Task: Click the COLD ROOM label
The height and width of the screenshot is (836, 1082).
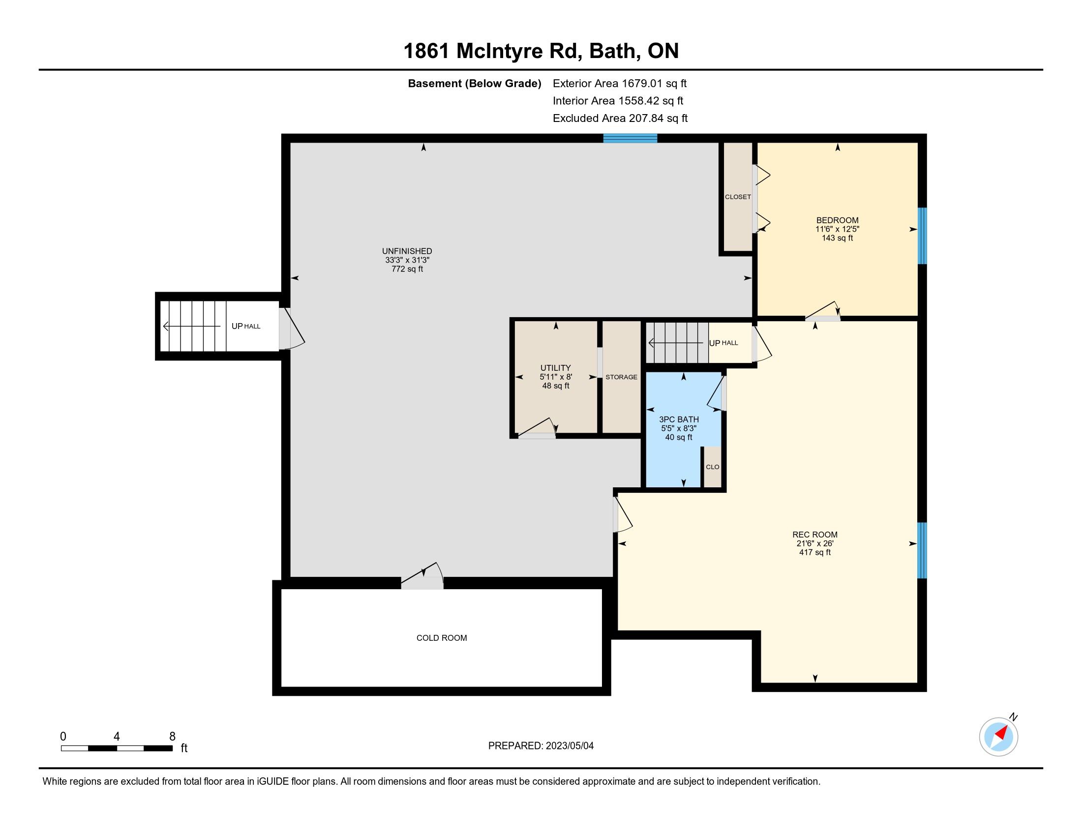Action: click(x=442, y=638)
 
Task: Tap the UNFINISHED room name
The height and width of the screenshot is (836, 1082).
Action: click(x=407, y=251)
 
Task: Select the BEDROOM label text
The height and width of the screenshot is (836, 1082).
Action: click(x=837, y=220)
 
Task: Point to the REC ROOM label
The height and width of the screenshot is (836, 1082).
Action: click(x=815, y=535)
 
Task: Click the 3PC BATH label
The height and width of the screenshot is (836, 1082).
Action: click(x=679, y=419)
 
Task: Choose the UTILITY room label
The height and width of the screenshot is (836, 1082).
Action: click(x=555, y=368)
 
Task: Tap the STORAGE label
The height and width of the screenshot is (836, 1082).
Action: click(x=621, y=377)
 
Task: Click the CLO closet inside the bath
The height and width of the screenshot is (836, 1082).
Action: click(x=713, y=467)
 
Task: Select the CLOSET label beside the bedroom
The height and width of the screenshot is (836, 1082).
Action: click(x=738, y=197)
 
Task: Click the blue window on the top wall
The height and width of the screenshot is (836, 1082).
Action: click(x=630, y=138)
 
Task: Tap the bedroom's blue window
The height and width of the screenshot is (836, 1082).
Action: click(x=922, y=236)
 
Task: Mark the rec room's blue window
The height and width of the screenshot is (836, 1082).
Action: click(x=922, y=550)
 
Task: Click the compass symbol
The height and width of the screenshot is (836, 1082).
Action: click(x=999, y=737)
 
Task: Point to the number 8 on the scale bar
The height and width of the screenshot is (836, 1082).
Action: click(x=173, y=737)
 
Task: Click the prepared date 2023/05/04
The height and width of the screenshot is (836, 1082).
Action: click(x=569, y=746)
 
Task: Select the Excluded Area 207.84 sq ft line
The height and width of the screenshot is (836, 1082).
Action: click(x=620, y=119)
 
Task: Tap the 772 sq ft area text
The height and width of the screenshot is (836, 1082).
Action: click(x=407, y=269)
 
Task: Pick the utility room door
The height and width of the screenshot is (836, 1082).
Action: click(x=537, y=428)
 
